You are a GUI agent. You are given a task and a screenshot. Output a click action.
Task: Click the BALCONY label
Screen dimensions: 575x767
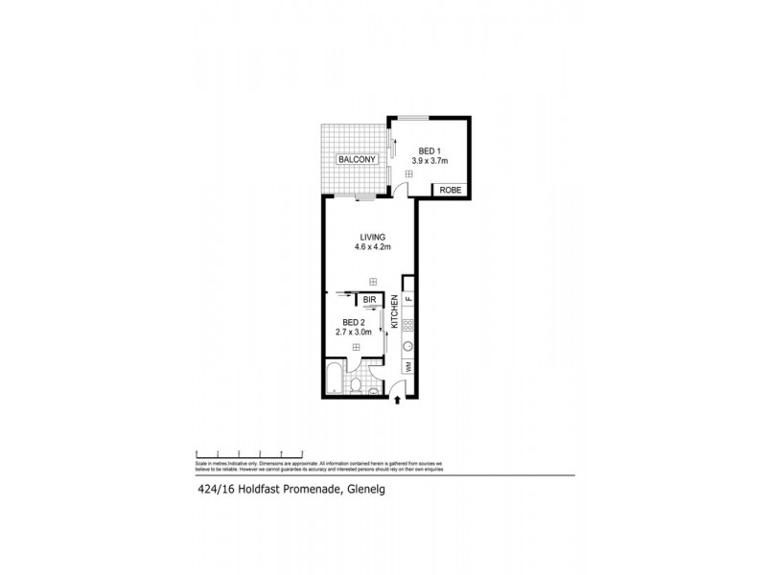tap(353, 159)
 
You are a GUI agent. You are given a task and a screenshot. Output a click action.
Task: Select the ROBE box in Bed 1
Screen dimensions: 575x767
tap(451, 190)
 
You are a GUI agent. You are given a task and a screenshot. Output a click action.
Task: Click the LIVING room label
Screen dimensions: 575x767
tap(372, 238)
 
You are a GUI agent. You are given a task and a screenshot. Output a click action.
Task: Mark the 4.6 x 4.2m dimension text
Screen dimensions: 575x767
tap(372, 248)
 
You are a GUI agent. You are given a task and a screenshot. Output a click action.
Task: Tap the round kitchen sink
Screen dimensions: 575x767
tap(407, 348)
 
